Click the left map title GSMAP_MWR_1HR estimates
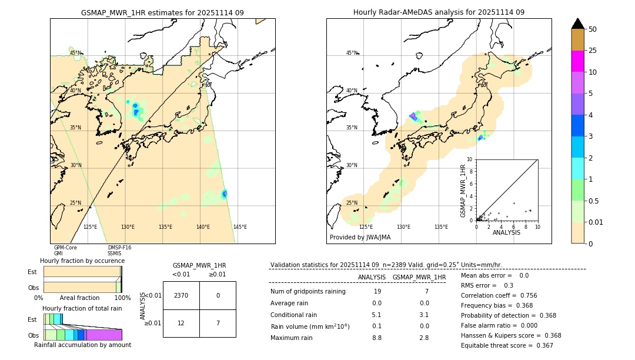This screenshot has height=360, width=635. [162, 12]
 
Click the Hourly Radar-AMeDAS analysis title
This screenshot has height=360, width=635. [439, 12]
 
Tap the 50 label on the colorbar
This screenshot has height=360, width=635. [593, 29]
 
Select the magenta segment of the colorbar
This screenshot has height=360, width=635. [578, 61]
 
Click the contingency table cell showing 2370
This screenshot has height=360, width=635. [181, 295]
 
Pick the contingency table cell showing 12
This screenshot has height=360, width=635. [181, 323]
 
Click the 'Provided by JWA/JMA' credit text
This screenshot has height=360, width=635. [360, 238]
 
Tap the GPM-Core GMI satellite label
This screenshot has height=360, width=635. [65, 251]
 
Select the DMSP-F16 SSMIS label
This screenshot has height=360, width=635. [119, 251]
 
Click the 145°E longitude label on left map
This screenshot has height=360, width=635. [240, 227]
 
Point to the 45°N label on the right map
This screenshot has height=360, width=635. [352, 53]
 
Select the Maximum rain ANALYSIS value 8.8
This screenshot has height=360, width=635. [376, 338]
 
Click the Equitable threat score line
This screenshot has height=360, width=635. [507, 345]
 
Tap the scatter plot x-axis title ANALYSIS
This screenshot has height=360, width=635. [506, 232]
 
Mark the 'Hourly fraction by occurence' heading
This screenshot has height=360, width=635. [82, 261]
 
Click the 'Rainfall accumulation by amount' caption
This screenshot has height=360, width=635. [82, 345]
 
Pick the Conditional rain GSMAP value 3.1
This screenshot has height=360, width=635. [424, 315]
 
